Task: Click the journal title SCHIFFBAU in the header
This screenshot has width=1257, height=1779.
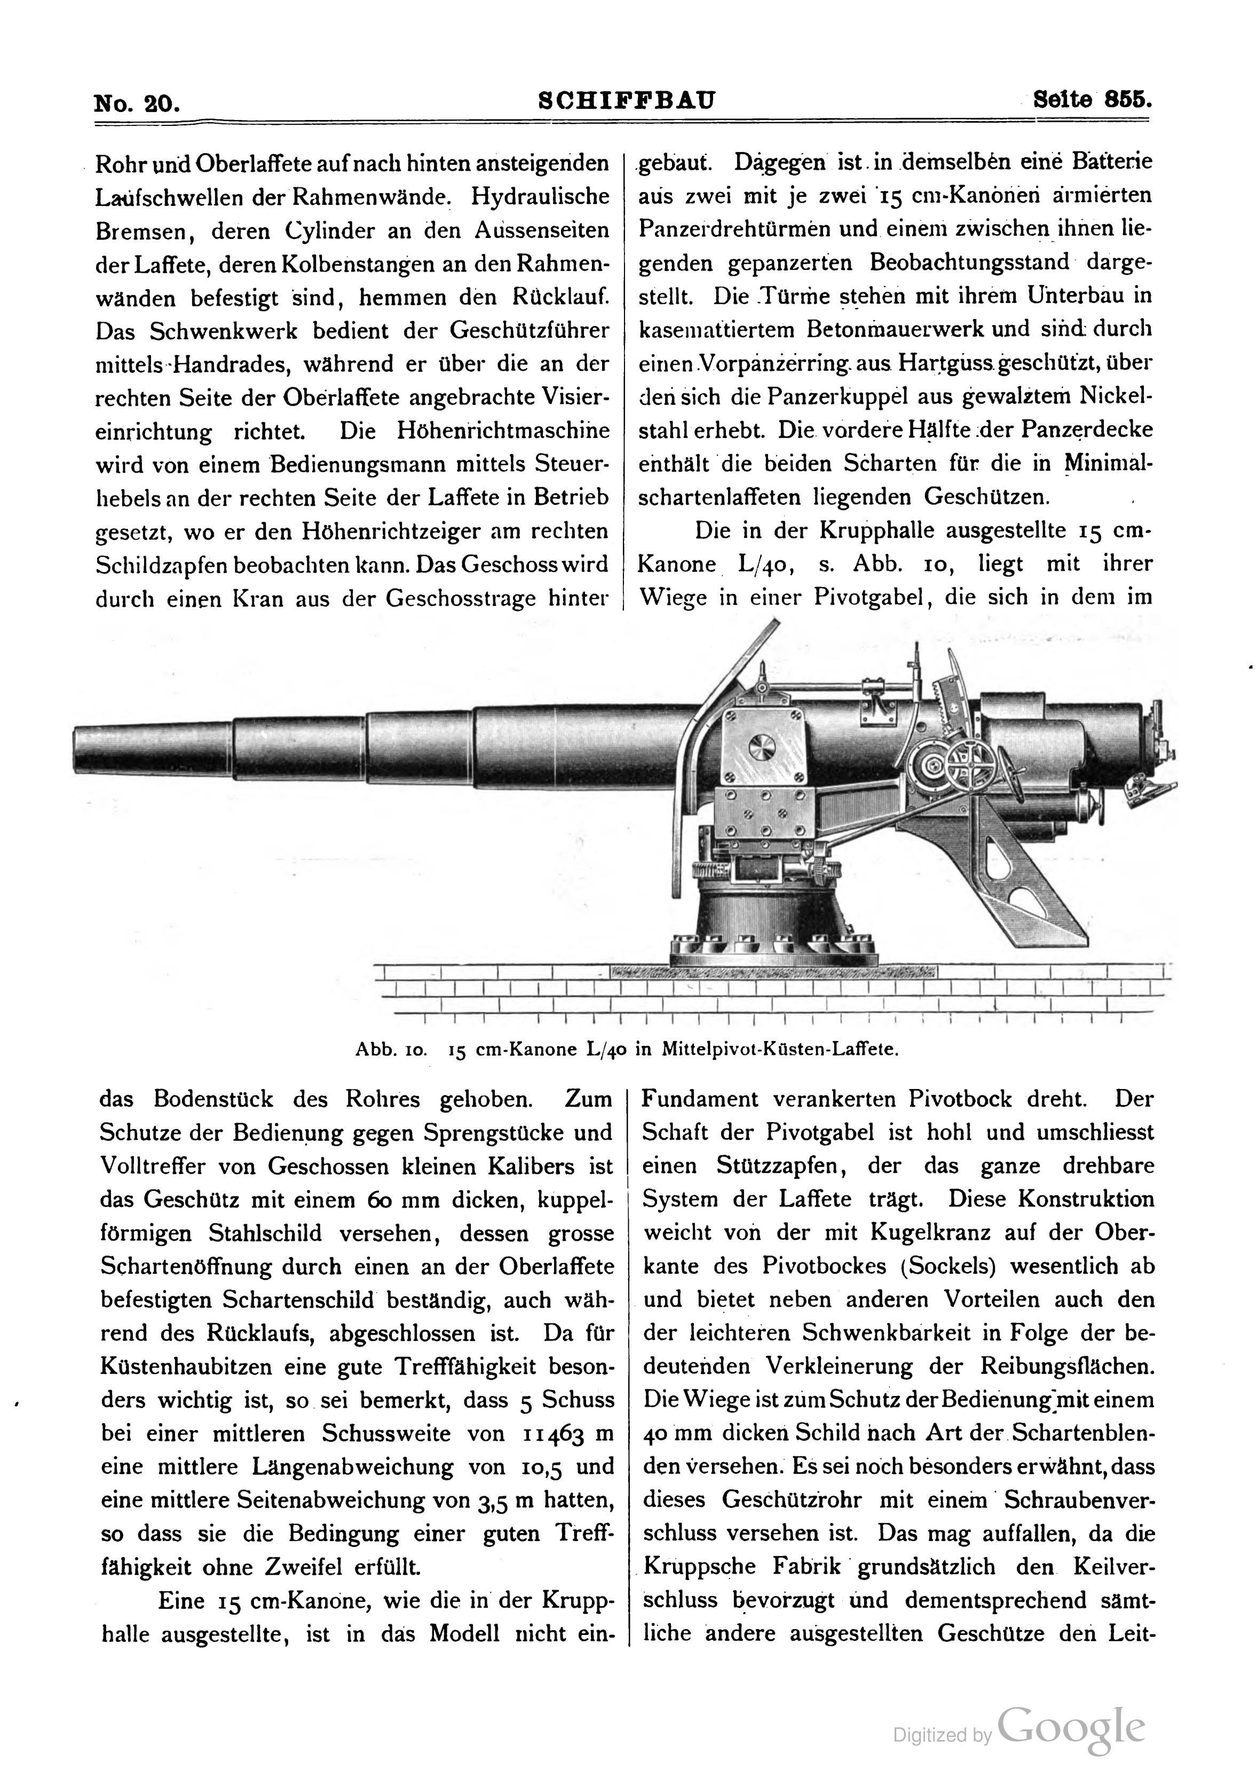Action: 626,101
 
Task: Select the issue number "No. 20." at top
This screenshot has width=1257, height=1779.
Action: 137,103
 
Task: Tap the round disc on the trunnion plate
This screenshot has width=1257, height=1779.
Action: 762,749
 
